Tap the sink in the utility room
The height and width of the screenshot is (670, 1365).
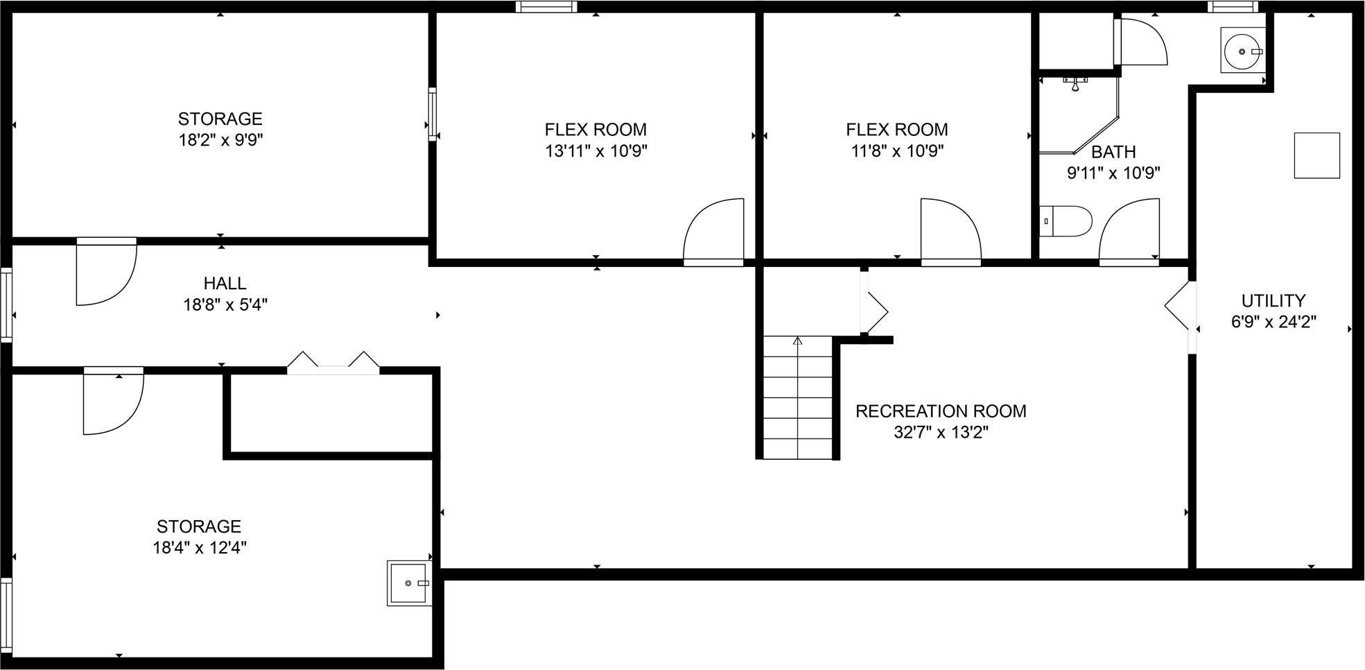pyautogui.click(x=1242, y=50)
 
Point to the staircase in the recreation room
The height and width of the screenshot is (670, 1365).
pyautogui.click(x=797, y=397)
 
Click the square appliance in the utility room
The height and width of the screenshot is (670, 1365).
pyautogui.click(x=1316, y=155)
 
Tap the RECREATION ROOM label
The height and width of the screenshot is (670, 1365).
pyautogui.click(x=941, y=411)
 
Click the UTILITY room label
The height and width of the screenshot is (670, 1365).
pyautogui.click(x=1273, y=301)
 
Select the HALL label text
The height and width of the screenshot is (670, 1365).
pyautogui.click(x=225, y=284)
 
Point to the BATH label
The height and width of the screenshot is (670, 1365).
pyautogui.click(x=1113, y=152)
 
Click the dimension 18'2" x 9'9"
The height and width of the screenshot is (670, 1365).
pyautogui.click(x=220, y=140)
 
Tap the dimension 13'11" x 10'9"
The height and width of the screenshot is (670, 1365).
pyautogui.click(x=595, y=151)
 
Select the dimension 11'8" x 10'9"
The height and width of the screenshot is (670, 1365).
pyautogui.click(x=897, y=151)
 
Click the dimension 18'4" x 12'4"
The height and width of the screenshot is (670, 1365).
pyautogui.click(x=200, y=548)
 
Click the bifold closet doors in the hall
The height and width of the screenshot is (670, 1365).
pyautogui.click(x=333, y=363)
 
